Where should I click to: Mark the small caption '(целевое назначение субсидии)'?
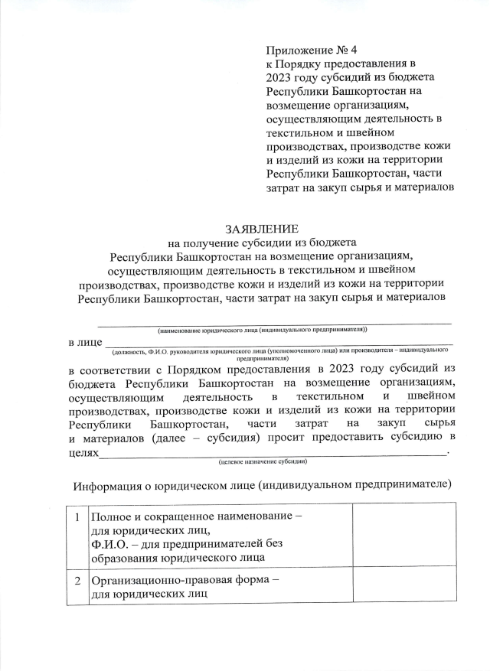[263, 462]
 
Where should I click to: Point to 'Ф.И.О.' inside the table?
[109, 543]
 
